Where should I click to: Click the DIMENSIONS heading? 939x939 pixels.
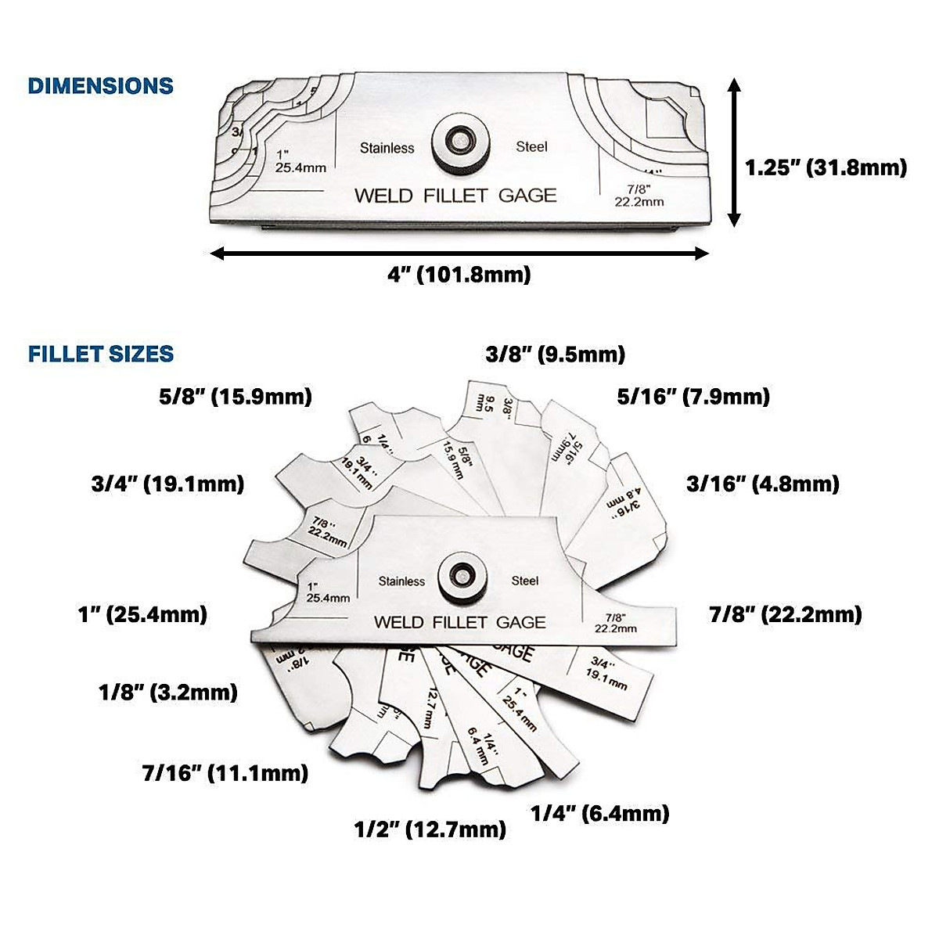[x=100, y=85]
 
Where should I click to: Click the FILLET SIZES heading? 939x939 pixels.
[x=101, y=354]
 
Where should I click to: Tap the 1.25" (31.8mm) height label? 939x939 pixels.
[x=826, y=167]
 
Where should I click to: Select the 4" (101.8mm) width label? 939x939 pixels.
[x=459, y=275]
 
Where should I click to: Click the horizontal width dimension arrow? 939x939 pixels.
[x=459, y=253]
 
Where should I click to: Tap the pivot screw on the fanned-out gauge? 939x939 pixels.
[x=463, y=580]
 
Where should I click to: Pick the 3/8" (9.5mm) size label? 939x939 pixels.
[x=556, y=354]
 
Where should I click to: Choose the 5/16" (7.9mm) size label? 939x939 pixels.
[x=693, y=397]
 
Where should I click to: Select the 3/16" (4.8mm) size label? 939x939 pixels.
[x=763, y=484]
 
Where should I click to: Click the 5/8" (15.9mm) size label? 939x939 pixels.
[x=236, y=397]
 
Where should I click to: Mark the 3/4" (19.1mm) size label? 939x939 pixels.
[x=167, y=484]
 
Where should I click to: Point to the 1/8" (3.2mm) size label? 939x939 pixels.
[x=168, y=692]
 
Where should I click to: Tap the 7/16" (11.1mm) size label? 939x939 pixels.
[x=225, y=773]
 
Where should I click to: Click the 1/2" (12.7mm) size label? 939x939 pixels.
[x=430, y=828]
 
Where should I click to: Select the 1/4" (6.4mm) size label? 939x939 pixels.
[x=600, y=813]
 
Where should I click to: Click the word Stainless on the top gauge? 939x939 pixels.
[x=387, y=147]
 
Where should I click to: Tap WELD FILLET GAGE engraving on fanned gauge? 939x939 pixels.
[x=459, y=622]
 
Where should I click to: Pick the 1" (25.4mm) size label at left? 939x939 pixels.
[x=143, y=614]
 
